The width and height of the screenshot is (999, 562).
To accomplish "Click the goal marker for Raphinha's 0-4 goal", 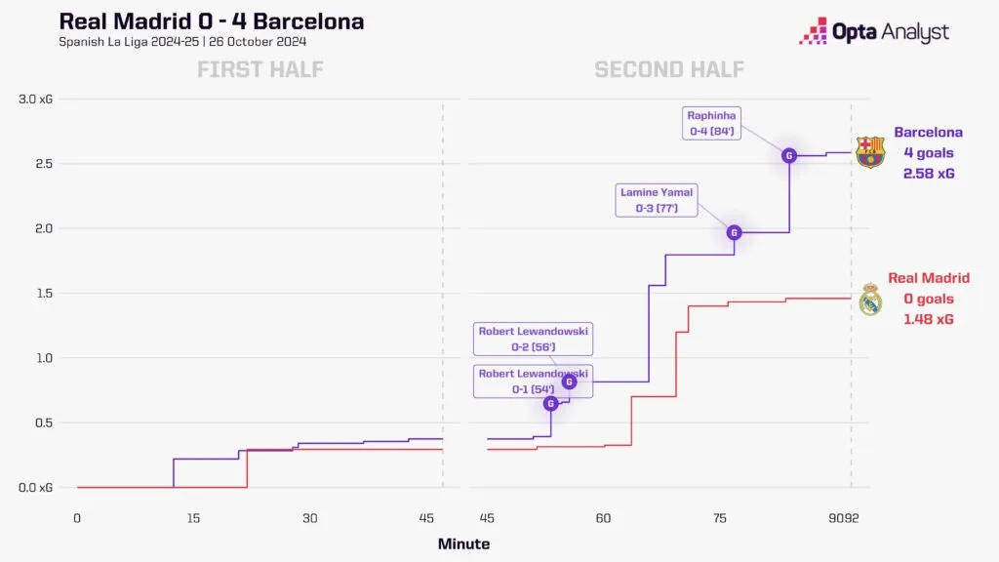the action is (x=788, y=155).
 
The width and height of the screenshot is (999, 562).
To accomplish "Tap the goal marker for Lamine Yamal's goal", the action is (x=734, y=232).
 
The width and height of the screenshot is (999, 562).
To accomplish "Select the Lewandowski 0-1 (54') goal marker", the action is (x=551, y=403).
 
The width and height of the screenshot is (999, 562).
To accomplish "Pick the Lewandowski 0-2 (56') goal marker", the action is (x=569, y=381).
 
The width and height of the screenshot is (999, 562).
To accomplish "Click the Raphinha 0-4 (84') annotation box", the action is (x=711, y=123).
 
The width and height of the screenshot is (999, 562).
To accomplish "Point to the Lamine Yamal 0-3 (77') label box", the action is (x=657, y=200).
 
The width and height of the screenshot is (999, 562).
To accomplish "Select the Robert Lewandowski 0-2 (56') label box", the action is (x=533, y=339).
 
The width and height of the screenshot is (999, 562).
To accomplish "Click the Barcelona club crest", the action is (x=870, y=152).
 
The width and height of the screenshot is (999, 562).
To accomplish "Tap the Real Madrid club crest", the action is (x=870, y=299).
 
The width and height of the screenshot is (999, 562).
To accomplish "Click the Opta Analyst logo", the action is (x=874, y=31).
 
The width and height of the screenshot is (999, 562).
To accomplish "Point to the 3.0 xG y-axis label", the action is (x=36, y=99).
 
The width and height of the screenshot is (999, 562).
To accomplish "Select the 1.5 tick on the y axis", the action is (x=44, y=293).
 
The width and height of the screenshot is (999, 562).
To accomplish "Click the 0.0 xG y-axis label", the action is (x=36, y=488).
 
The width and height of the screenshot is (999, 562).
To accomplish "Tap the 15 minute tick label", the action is (x=194, y=518).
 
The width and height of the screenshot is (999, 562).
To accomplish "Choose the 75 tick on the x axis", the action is (x=720, y=518).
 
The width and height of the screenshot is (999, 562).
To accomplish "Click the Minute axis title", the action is (x=463, y=544).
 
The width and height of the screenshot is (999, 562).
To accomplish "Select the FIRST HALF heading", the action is (x=260, y=69).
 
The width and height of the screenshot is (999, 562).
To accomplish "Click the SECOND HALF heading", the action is (x=669, y=69).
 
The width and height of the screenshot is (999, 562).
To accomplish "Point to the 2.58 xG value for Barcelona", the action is (x=929, y=174).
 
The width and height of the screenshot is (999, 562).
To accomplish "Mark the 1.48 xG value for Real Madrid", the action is (x=929, y=319).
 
